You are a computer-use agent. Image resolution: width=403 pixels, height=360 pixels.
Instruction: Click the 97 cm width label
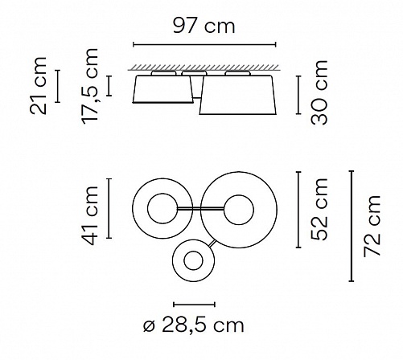tap(204, 27)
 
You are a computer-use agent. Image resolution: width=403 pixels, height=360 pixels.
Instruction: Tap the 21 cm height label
tap(39, 86)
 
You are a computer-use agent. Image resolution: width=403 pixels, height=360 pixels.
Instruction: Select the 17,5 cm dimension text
tap(90, 86)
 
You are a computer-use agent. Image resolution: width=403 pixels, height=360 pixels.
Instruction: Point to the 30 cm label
tap(319, 92)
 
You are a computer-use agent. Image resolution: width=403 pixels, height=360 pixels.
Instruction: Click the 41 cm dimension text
tap(90, 216)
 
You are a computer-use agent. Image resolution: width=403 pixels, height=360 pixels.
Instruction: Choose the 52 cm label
tap(319, 210)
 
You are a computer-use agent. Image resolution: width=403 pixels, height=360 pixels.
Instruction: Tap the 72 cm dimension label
tap(372, 226)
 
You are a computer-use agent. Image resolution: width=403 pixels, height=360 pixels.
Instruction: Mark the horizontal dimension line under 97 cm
tap(204, 44)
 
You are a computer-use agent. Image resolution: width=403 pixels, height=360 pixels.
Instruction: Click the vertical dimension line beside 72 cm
tap(352, 226)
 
